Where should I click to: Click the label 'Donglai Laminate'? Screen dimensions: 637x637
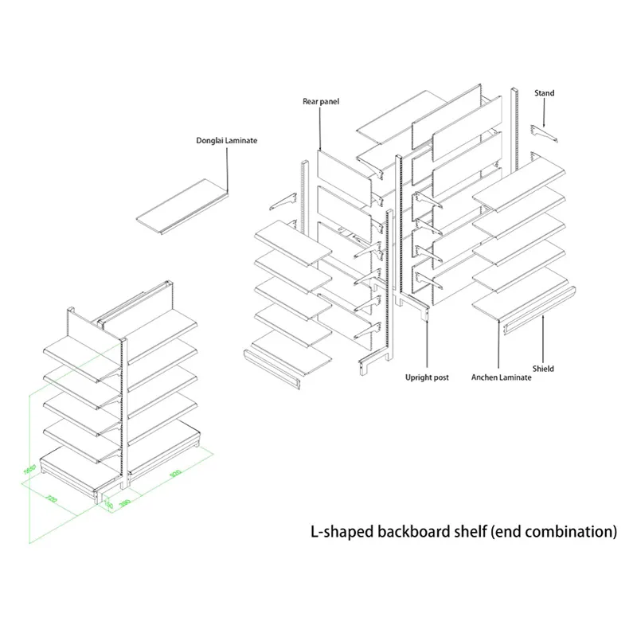[x=227, y=140]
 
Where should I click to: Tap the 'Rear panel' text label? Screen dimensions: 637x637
[x=321, y=101]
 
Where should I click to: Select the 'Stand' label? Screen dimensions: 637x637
[x=545, y=93]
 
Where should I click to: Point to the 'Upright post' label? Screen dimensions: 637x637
[x=427, y=377]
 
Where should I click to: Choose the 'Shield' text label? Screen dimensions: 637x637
[x=544, y=369]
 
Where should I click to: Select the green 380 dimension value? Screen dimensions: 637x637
[x=124, y=503]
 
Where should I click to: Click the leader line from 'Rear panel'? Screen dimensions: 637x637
[x=320, y=127]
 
